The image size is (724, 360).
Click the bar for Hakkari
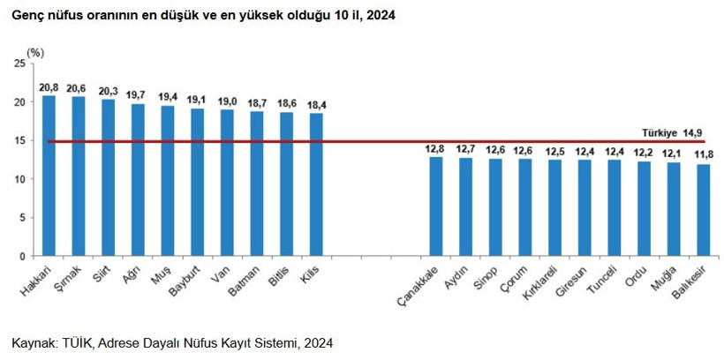[49, 176]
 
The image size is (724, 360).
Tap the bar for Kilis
[316, 184]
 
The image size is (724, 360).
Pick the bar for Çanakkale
[435, 206]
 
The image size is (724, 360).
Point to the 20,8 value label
[49, 86]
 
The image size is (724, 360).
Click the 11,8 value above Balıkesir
[703, 155]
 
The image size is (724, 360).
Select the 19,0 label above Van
[227, 101]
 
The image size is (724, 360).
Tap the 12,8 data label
[434, 148]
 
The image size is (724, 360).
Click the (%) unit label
[35, 53]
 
